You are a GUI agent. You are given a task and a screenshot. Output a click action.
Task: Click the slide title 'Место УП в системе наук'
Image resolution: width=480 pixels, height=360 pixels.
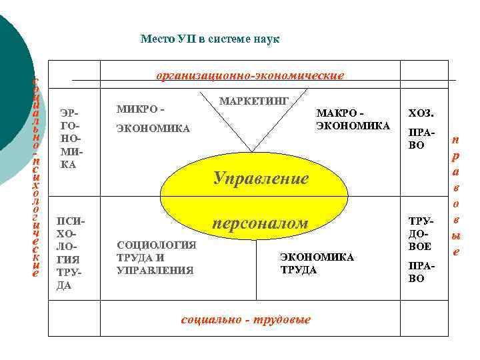pos(210,39)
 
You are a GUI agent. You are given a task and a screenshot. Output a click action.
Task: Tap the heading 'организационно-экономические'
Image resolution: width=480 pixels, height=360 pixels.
pos(250,75)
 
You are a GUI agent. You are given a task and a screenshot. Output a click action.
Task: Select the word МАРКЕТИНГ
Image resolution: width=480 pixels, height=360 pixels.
pos(253,101)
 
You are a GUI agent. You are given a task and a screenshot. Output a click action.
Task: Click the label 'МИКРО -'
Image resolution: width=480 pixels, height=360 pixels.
pos(140,109)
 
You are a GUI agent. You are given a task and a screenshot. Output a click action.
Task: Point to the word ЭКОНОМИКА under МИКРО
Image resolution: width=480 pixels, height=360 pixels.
pos(153,127)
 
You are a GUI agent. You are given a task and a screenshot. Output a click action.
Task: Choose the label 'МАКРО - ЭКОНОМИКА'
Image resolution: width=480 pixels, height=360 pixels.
pos(353,119)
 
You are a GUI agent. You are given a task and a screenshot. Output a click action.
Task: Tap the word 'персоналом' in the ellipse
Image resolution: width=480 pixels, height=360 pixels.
pos(260,223)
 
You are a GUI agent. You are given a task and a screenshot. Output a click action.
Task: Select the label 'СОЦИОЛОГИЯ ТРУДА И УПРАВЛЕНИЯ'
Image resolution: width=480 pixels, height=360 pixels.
pos(156,257)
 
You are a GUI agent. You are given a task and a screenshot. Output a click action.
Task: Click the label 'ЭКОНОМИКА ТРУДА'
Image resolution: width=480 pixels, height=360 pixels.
pos(317,263)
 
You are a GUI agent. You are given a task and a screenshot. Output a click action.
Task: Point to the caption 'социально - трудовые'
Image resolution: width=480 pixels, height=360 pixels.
pos(246,319)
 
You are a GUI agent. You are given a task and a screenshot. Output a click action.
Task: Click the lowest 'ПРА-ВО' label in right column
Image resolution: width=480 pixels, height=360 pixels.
pos(416,272)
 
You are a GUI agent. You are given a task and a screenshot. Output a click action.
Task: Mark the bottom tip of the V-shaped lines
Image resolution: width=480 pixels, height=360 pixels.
pos(252,151)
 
